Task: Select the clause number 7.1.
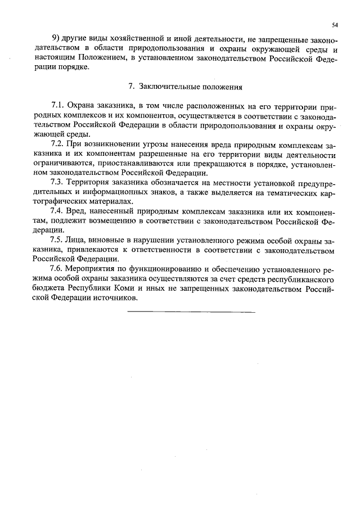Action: coord(57,106)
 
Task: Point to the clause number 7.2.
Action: coord(57,144)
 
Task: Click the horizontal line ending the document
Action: coord(191,311)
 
